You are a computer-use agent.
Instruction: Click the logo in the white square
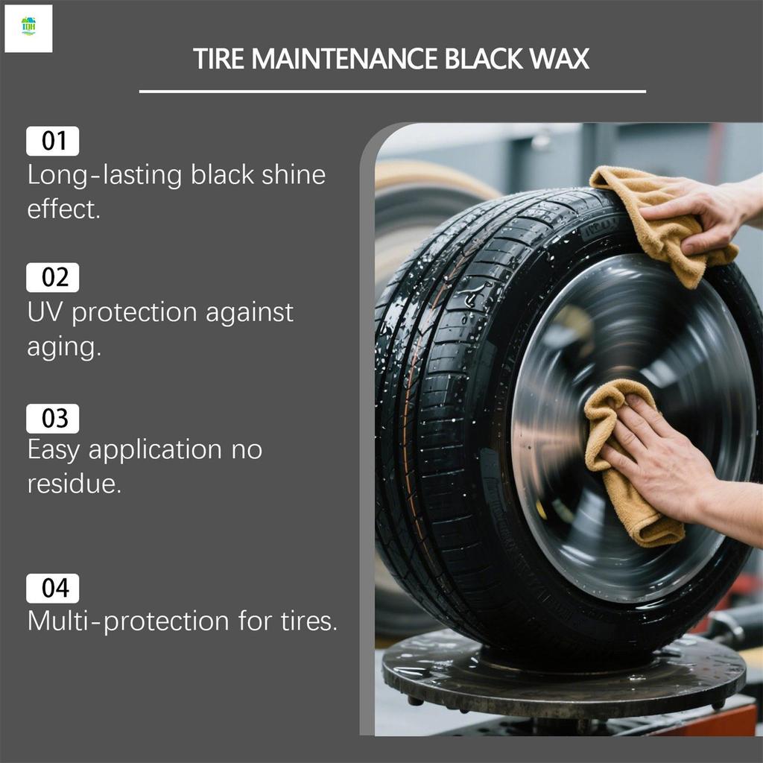[28, 27]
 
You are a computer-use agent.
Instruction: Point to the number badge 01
[53, 141]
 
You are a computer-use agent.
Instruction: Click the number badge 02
[53, 277]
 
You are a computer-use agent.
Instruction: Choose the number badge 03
[53, 419]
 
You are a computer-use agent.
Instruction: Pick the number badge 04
[53, 588]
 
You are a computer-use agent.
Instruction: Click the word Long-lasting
[104, 176]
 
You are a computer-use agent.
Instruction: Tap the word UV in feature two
[45, 312]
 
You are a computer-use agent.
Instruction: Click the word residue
[74, 484]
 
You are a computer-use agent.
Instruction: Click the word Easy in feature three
[54, 450]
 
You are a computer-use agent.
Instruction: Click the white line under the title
[393, 91]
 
